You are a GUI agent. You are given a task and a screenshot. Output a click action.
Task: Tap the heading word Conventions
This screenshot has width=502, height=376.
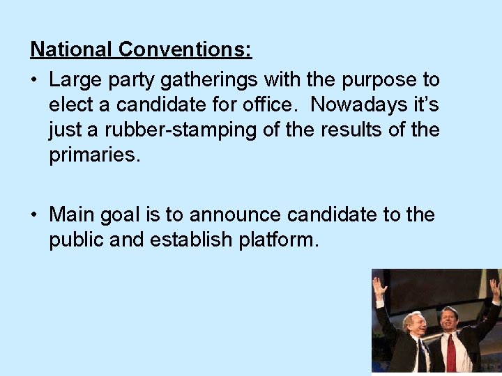185,49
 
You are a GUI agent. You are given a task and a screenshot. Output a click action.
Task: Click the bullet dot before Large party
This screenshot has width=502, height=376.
34,79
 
